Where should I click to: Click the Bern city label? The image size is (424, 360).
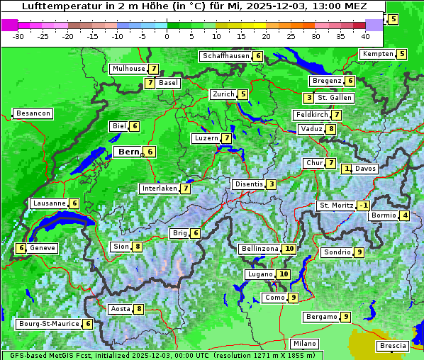(128, 152)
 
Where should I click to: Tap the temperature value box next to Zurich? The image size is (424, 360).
(243, 94)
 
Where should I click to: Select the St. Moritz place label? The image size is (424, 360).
(336, 206)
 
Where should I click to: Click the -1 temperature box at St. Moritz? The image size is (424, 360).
(363, 206)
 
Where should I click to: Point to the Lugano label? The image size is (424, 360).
(260, 274)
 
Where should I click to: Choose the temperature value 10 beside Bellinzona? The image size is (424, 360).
(289, 249)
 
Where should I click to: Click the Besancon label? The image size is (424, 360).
(33, 113)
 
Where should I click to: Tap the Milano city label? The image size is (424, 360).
(305, 344)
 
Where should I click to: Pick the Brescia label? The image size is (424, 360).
(393, 346)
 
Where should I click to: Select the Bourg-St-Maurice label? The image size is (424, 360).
(48, 324)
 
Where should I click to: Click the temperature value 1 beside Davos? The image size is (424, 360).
(347, 169)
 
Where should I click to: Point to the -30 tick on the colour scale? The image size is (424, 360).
(19, 36)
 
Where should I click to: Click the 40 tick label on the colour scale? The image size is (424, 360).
(365, 36)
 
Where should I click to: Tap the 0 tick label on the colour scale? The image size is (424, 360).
(167, 36)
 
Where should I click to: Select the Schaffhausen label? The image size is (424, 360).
(226, 56)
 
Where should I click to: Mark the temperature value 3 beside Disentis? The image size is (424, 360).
(271, 184)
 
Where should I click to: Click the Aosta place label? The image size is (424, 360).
(121, 309)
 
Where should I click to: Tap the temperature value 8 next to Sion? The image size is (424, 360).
(138, 247)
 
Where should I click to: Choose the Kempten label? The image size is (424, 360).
(377, 54)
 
